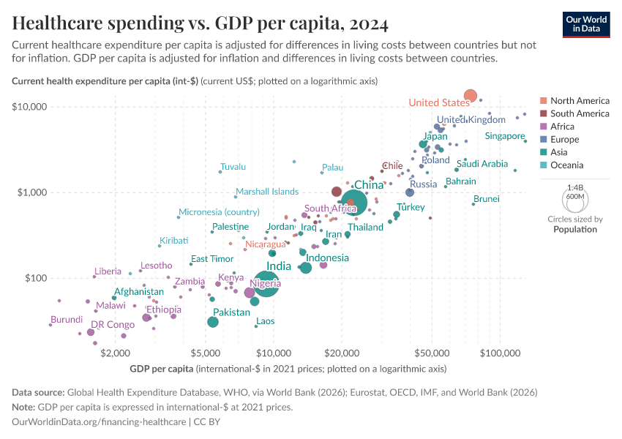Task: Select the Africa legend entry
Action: pyautogui.click(x=563, y=127)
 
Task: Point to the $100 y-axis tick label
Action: pyautogui.click(x=35, y=278)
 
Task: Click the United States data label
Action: pyautogui.click(x=439, y=102)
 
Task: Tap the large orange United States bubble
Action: pyautogui.click(x=471, y=96)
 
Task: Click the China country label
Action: pyautogui.click(x=369, y=185)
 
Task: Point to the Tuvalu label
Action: pyautogui.click(x=233, y=167)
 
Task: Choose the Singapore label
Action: pyautogui.click(x=505, y=136)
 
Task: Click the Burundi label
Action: pyautogui.click(x=67, y=320)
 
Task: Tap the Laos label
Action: pyautogui.click(x=266, y=321)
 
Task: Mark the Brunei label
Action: pyautogui.click(x=487, y=199)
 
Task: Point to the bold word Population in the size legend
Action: pyautogui.click(x=575, y=229)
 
